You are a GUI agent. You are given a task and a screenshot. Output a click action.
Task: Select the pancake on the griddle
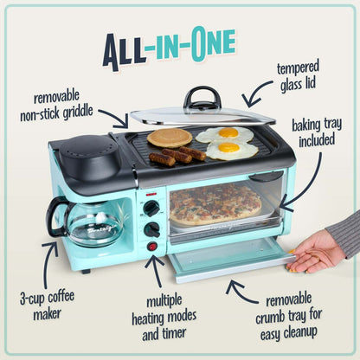[x=169, y=137]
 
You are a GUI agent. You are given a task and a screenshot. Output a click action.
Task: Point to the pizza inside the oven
[x=215, y=203]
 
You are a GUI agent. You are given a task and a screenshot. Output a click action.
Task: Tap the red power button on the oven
[x=153, y=247]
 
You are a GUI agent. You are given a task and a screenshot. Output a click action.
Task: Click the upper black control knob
[x=152, y=209]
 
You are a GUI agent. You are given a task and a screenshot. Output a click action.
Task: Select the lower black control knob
[x=152, y=228]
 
